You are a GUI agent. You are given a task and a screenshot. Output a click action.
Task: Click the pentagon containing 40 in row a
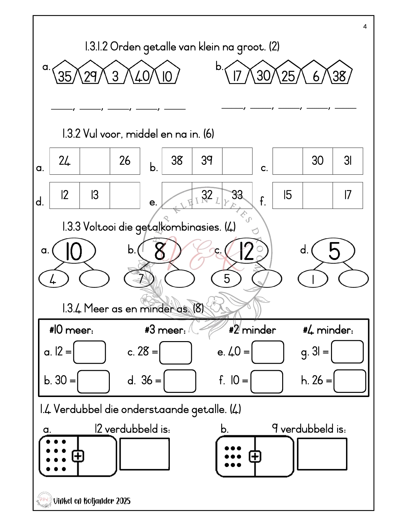(x=141, y=73)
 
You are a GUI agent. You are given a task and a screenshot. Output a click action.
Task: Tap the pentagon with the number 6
(x=314, y=73)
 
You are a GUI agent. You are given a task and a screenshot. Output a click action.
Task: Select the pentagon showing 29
(x=90, y=73)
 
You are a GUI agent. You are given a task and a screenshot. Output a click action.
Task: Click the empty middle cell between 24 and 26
(x=95, y=161)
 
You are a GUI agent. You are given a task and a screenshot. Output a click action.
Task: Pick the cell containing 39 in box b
(x=207, y=161)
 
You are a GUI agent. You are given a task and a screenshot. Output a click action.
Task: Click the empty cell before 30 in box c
(x=287, y=161)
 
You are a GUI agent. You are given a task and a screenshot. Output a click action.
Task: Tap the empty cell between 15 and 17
(x=317, y=195)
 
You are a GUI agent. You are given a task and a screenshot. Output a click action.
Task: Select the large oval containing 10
(x=74, y=251)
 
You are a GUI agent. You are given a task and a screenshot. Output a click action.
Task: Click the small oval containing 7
(x=139, y=278)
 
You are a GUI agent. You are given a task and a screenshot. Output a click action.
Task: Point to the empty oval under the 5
(x=353, y=279)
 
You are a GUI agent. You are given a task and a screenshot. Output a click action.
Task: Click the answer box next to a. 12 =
(x=89, y=352)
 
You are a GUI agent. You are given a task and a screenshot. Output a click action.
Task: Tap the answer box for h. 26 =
(x=350, y=381)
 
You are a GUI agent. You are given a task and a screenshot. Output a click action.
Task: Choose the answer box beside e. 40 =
(x=268, y=352)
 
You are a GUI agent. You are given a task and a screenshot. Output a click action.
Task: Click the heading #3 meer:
(x=165, y=330)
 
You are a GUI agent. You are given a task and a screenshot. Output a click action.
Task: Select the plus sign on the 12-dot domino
(x=78, y=456)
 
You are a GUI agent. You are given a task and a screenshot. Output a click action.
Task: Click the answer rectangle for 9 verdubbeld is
(x=322, y=454)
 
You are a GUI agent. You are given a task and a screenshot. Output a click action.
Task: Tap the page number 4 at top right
(x=365, y=27)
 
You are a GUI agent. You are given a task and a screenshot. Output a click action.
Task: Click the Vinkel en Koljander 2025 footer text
(x=92, y=500)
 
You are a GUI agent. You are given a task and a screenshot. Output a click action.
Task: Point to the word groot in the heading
(x=251, y=47)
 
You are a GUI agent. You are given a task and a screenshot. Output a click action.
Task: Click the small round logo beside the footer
(x=44, y=500)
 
